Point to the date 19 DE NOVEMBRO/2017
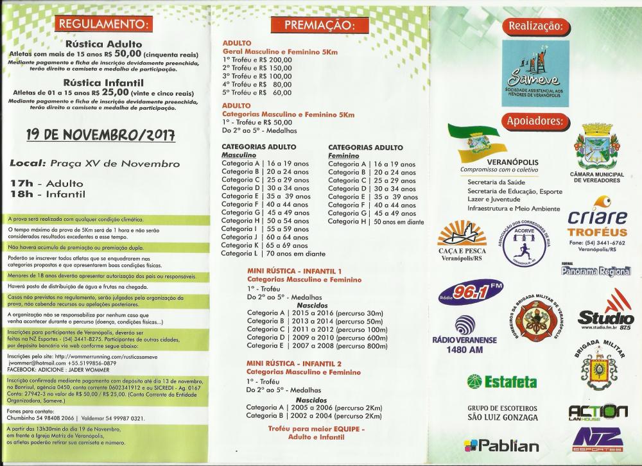point(101,136)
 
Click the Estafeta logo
point(493,381)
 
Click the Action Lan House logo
point(598,411)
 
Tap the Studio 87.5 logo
point(605,311)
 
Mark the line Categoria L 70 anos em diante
point(273,254)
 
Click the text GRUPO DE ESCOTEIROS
point(502,408)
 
